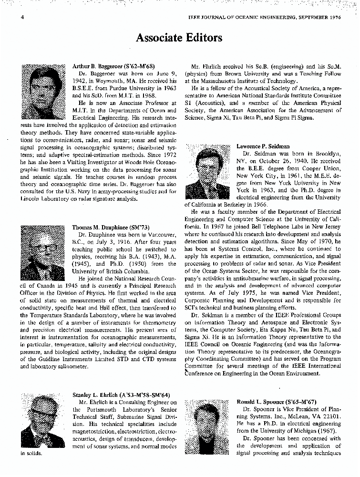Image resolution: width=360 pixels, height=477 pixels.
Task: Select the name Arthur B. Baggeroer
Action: pos(98,66)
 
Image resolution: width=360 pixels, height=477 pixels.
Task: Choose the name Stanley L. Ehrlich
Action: pos(96,394)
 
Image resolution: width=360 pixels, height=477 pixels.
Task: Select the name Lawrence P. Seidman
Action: pos(263,146)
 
